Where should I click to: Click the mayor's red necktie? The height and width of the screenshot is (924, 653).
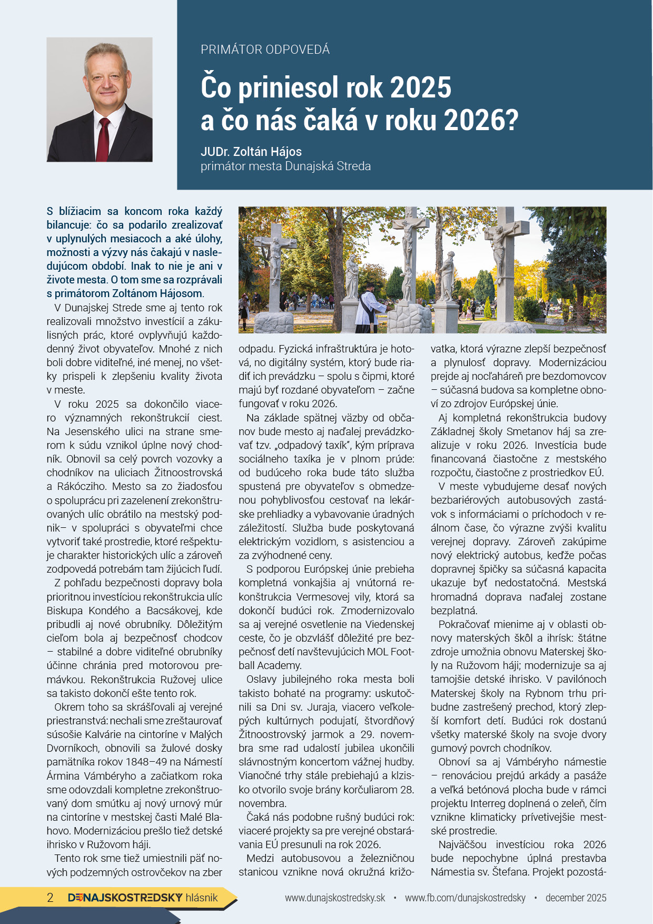(x=103, y=139)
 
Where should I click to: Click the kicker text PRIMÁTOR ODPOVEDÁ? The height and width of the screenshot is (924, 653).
(x=265, y=50)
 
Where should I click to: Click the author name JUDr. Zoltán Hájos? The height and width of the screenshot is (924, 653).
(x=251, y=152)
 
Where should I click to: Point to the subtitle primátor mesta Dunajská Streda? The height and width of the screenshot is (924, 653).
(x=285, y=166)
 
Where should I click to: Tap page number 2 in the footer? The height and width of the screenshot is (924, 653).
(x=50, y=898)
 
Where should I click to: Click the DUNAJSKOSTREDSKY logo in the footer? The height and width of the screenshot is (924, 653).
(x=125, y=898)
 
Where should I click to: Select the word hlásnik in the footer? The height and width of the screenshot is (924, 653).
(x=202, y=898)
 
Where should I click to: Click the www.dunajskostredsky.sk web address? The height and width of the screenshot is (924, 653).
(x=335, y=898)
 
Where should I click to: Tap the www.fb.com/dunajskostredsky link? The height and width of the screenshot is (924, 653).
(x=465, y=898)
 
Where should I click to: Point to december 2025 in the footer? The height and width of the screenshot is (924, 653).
(x=576, y=898)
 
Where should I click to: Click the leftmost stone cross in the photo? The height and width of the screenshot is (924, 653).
(x=275, y=263)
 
